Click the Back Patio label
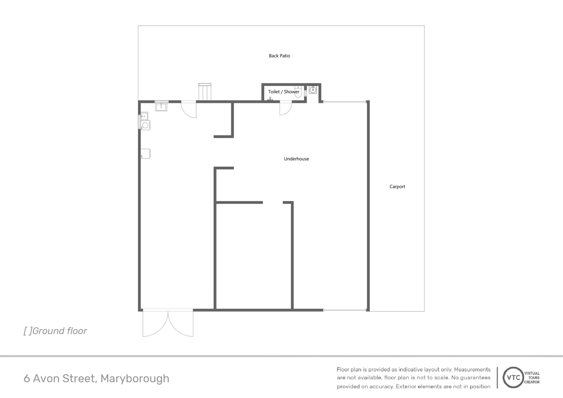[x=279, y=56]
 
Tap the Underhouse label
[x=296, y=159]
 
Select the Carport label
[x=397, y=187]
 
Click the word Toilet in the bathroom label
[x=274, y=91]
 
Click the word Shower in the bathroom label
[x=292, y=91]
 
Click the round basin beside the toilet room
[x=313, y=90]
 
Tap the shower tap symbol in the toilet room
[x=270, y=99]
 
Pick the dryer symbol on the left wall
[x=146, y=153]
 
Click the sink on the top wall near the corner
[x=162, y=106]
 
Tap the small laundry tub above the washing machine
[x=144, y=115]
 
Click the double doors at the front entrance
[x=168, y=323]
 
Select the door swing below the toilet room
[x=285, y=108]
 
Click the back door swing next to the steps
[x=189, y=109]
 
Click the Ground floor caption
[x=55, y=331]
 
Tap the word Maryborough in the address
[x=135, y=378]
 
